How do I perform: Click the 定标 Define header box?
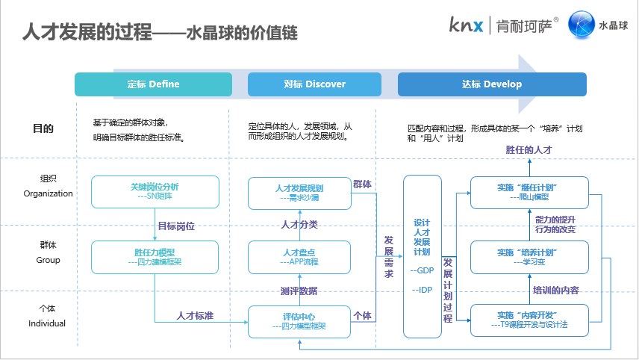(153, 84)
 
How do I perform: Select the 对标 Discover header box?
(314, 84)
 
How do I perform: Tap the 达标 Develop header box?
(493, 84)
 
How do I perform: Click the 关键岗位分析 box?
(155, 192)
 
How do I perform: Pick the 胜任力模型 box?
(155, 257)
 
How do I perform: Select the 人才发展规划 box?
(299, 193)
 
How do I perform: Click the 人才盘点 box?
(299, 257)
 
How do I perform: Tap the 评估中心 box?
(299, 321)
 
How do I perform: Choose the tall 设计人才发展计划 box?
(422, 256)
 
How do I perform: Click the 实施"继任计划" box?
(530, 192)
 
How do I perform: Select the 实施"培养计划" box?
(530, 257)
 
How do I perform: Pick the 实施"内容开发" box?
(530, 320)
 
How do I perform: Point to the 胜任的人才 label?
(529, 151)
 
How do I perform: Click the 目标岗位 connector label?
(176, 226)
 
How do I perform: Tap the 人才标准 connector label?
(195, 316)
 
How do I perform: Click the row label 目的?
(44, 128)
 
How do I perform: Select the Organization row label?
(49, 193)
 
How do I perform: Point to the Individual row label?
(47, 323)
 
